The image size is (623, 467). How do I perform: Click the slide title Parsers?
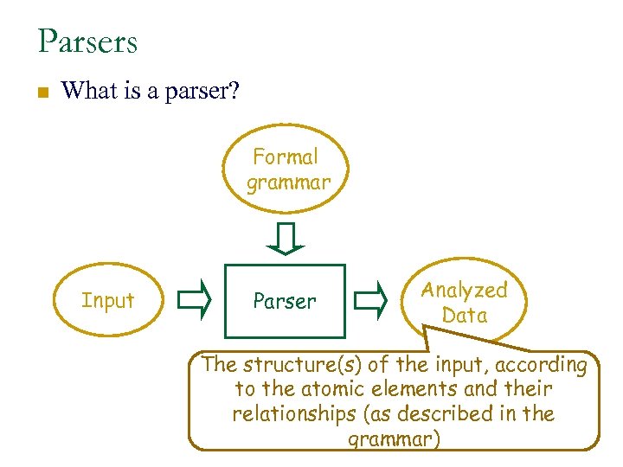(87, 42)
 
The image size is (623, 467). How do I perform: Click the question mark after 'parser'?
(233, 90)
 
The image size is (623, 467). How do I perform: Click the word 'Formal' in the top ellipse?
(286, 157)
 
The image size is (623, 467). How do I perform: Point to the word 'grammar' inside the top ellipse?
(288, 182)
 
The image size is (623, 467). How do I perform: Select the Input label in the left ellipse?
(108, 301)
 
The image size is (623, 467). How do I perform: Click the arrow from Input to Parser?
(194, 300)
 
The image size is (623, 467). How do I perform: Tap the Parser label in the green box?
(285, 302)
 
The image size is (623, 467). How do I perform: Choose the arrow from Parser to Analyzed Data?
(372, 300)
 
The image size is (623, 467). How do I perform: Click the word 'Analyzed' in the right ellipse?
(465, 291)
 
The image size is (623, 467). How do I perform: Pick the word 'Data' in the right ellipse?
(465, 316)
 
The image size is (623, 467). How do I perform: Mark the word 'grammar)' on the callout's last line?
(394, 439)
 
